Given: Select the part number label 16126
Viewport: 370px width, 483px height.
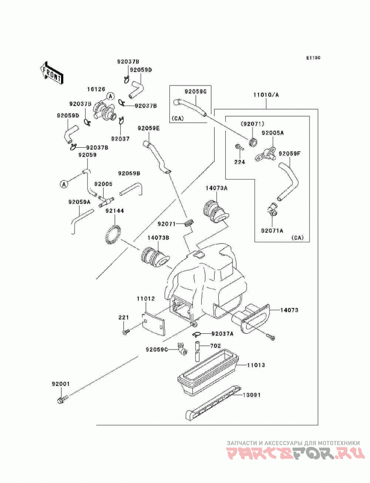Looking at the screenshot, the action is click(x=96, y=89).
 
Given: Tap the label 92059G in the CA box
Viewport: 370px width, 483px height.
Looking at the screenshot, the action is click(x=195, y=91).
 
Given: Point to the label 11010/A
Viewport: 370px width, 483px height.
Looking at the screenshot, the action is click(x=266, y=95).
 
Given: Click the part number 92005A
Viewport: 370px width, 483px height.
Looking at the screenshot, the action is click(x=273, y=133).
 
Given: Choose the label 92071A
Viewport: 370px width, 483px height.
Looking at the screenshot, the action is click(x=272, y=230).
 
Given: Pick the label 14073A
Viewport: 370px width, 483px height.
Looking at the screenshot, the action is click(x=216, y=188).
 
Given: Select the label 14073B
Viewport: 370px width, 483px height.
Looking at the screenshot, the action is click(x=158, y=237).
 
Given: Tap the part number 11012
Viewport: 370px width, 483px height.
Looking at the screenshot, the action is click(x=146, y=298).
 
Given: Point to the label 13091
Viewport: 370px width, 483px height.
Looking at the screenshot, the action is click(x=252, y=395).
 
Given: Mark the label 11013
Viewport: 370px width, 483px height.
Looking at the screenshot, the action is click(x=256, y=365).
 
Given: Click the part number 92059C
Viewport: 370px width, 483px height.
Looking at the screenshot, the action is click(x=157, y=350).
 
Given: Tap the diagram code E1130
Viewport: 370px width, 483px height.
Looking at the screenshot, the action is click(x=313, y=58).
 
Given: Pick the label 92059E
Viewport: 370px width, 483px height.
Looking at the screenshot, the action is click(x=149, y=128).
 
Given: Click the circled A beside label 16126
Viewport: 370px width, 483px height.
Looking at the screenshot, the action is click(x=110, y=97).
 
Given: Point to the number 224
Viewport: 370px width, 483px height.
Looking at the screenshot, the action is click(x=240, y=162).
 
